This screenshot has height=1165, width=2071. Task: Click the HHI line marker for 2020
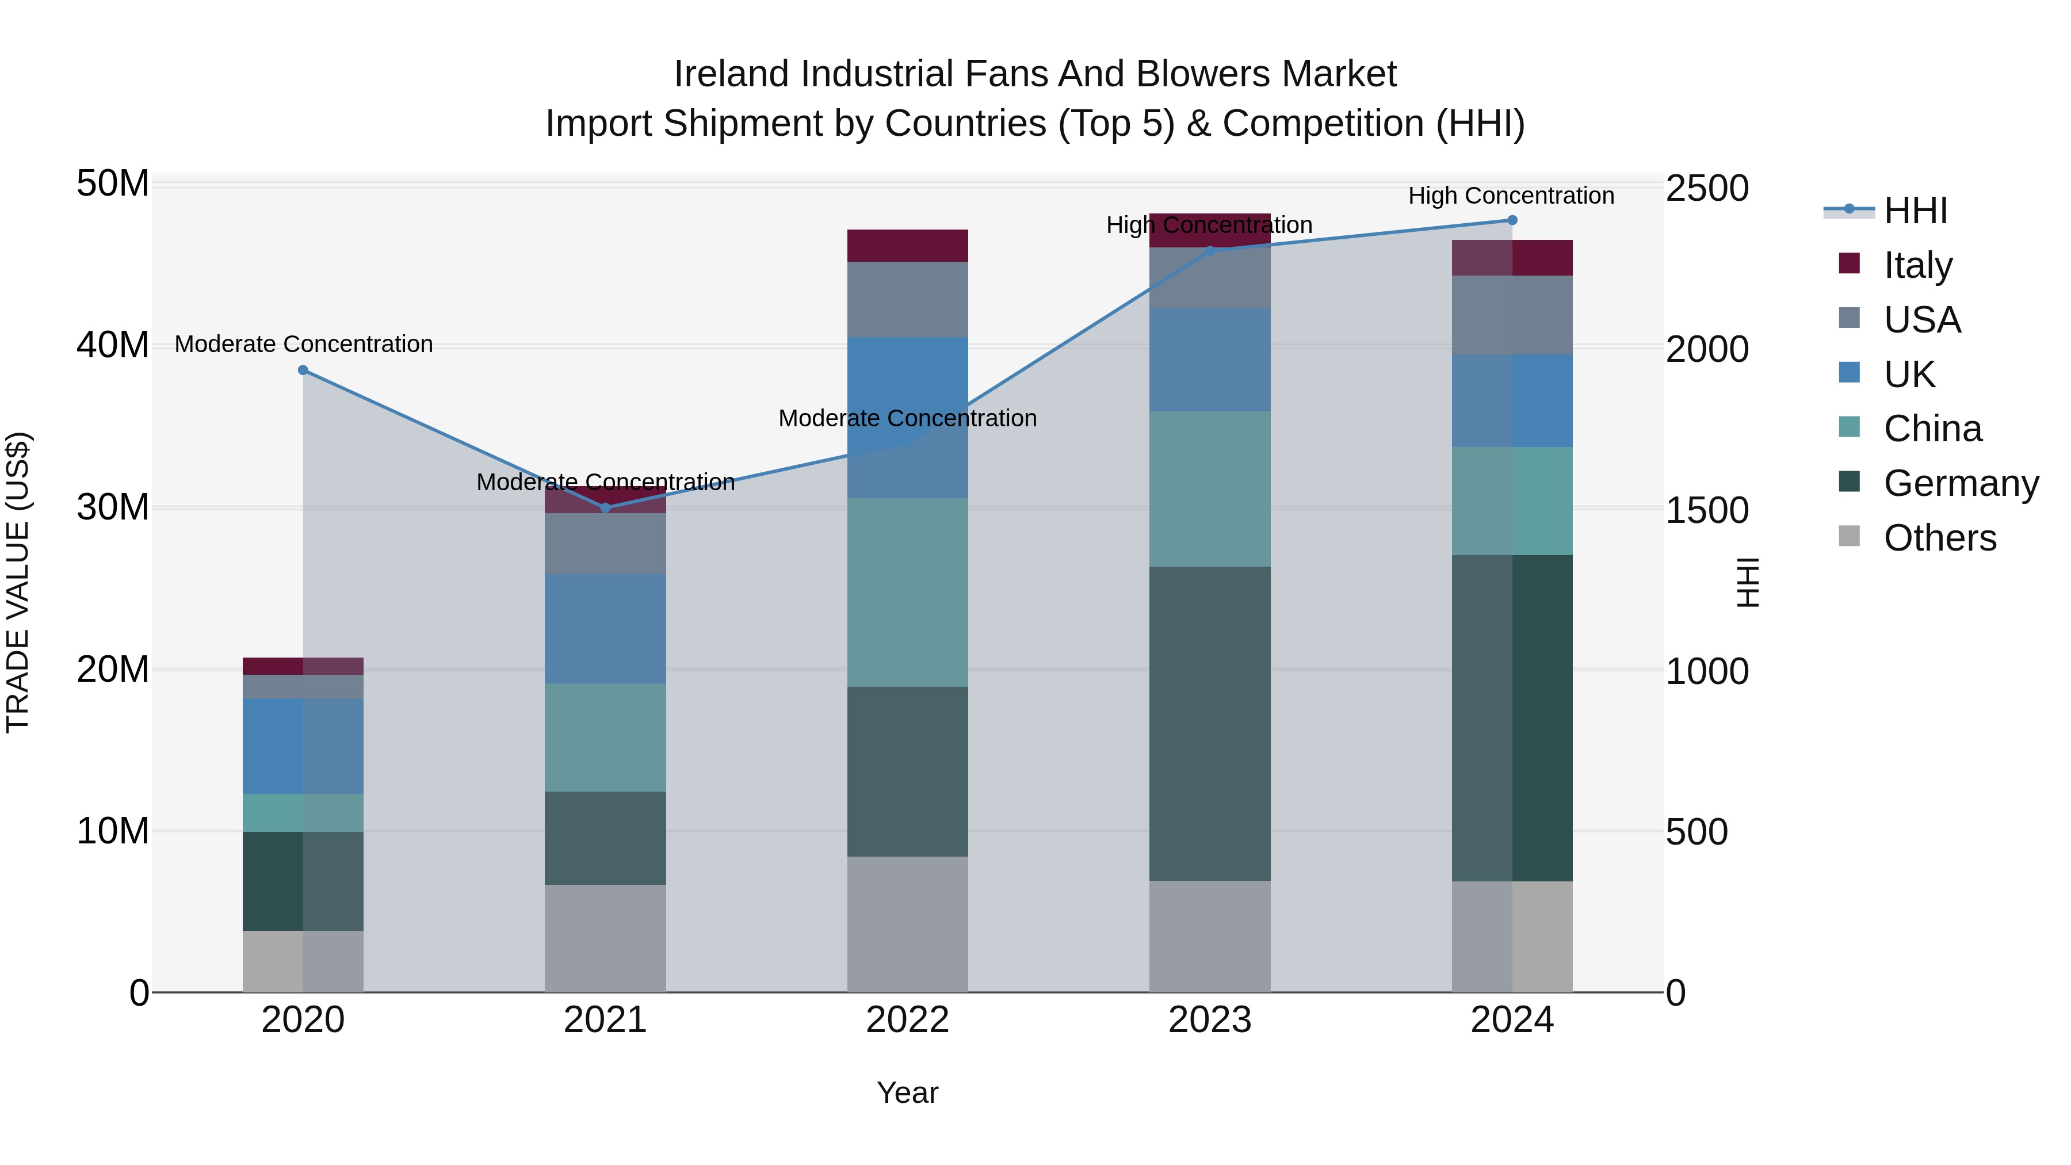(303, 370)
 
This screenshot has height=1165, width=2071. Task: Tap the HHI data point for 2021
(605, 508)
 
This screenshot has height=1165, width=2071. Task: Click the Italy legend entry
(1917, 265)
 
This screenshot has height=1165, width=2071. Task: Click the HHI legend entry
(1915, 211)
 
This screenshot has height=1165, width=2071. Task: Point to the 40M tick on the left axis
(113, 346)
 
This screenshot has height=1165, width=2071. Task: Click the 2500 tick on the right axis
(1706, 189)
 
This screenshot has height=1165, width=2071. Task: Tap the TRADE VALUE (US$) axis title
(18, 582)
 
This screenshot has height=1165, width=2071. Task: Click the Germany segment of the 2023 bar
(1209, 724)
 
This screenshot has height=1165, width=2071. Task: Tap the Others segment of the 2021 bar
(605, 938)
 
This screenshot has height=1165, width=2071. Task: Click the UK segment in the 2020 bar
(303, 746)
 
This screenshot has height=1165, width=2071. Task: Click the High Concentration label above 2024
(1511, 196)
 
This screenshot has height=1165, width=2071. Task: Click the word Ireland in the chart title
(730, 75)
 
